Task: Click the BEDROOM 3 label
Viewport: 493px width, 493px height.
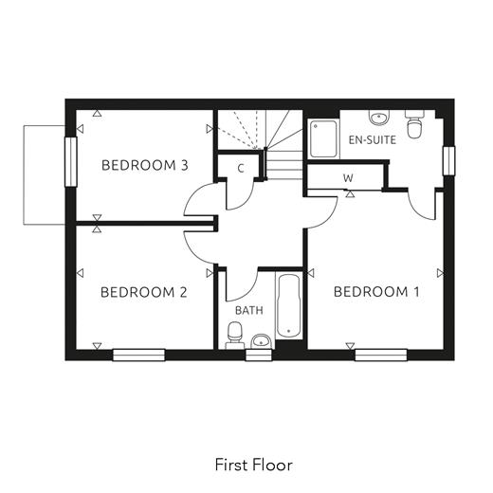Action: click(x=145, y=165)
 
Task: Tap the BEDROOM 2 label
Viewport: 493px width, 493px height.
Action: click(x=144, y=292)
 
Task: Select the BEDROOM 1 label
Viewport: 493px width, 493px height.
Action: click(x=376, y=292)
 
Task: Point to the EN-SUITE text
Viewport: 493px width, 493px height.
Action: click(x=373, y=139)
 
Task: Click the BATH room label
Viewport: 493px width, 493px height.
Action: click(x=249, y=310)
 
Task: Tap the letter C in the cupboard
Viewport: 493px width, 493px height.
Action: click(x=241, y=169)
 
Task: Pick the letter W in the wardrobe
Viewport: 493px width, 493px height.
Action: click(x=348, y=178)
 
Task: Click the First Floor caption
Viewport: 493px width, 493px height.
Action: click(x=254, y=465)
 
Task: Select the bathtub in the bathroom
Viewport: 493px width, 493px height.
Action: click(x=288, y=306)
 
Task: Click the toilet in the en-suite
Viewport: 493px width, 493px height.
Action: click(x=414, y=124)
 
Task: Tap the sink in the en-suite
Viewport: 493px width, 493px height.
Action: click(x=379, y=118)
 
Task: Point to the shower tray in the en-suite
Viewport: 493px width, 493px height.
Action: click(x=323, y=138)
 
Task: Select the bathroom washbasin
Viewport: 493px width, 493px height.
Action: click(x=261, y=341)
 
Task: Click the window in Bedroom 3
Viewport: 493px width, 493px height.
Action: click(x=71, y=161)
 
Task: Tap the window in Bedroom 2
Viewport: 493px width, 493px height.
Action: click(x=139, y=355)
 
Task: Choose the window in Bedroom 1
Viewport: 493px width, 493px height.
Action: click(x=381, y=355)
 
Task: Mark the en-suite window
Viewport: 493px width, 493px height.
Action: click(x=448, y=160)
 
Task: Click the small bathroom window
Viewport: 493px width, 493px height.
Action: click(x=259, y=355)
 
